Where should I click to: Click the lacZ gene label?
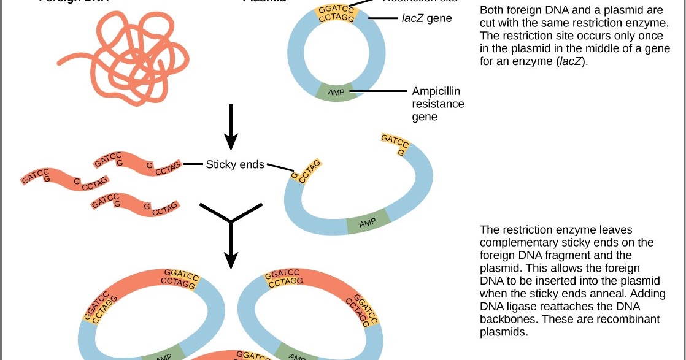tap(426, 18)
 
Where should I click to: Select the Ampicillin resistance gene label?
tap(437, 104)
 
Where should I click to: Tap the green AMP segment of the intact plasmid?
tap(336, 92)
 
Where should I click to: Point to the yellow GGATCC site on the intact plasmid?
tap(336, 13)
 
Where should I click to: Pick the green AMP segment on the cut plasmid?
tap(368, 222)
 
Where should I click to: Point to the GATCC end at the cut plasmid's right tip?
tap(395, 144)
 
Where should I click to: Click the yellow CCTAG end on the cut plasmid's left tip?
tap(305, 171)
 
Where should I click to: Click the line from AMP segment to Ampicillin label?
tap(379, 92)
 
